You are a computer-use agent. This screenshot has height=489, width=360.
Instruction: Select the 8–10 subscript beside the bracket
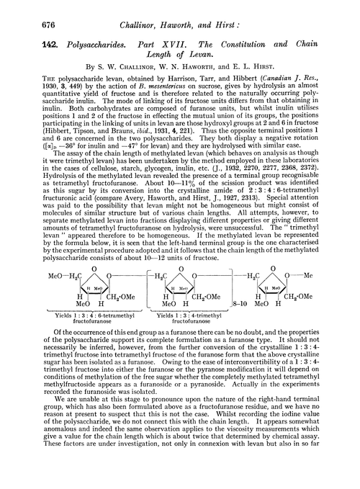pos(243,305)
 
